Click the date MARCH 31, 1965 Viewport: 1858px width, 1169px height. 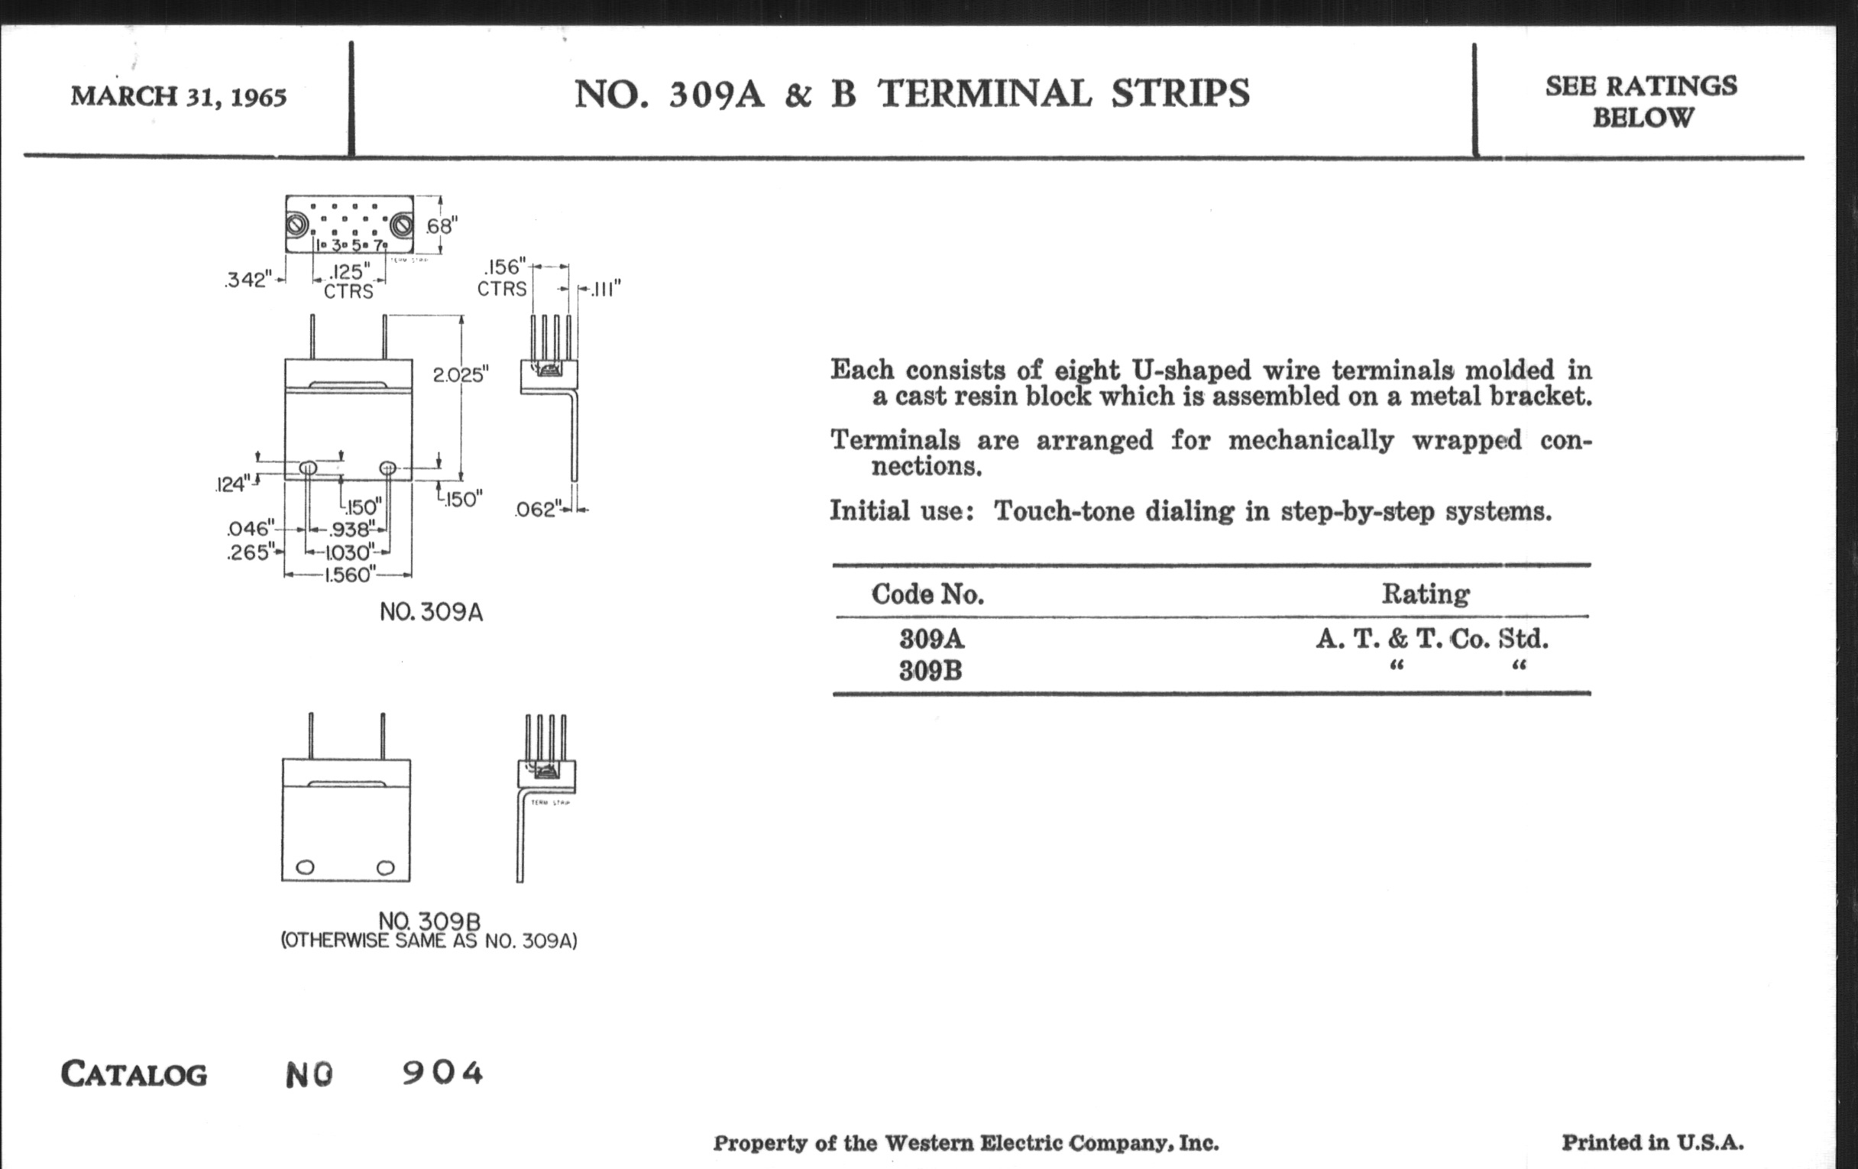point(178,97)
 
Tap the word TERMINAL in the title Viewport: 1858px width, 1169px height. point(985,94)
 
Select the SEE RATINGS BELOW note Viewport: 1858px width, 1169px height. point(1641,101)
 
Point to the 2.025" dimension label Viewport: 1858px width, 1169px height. point(461,375)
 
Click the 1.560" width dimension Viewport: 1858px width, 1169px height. point(350,575)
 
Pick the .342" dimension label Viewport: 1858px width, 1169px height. point(248,280)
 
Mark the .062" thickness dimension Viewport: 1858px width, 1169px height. point(536,510)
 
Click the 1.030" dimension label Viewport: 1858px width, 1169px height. point(348,552)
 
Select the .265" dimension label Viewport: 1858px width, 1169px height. point(250,552)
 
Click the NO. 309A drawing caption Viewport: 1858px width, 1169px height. point(432,613)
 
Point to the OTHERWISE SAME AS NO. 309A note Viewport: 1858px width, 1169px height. point(429,941)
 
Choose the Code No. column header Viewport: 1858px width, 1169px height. point(927,594)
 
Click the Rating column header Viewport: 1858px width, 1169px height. point(1425,594)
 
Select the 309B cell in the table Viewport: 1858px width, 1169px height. point(931,671)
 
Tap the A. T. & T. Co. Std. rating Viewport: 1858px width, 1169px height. point(1431,639)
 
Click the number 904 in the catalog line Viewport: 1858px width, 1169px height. point(442,1073)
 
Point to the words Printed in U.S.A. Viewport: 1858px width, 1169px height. point(1652,1142)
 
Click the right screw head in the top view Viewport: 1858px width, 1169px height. point(400,225)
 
